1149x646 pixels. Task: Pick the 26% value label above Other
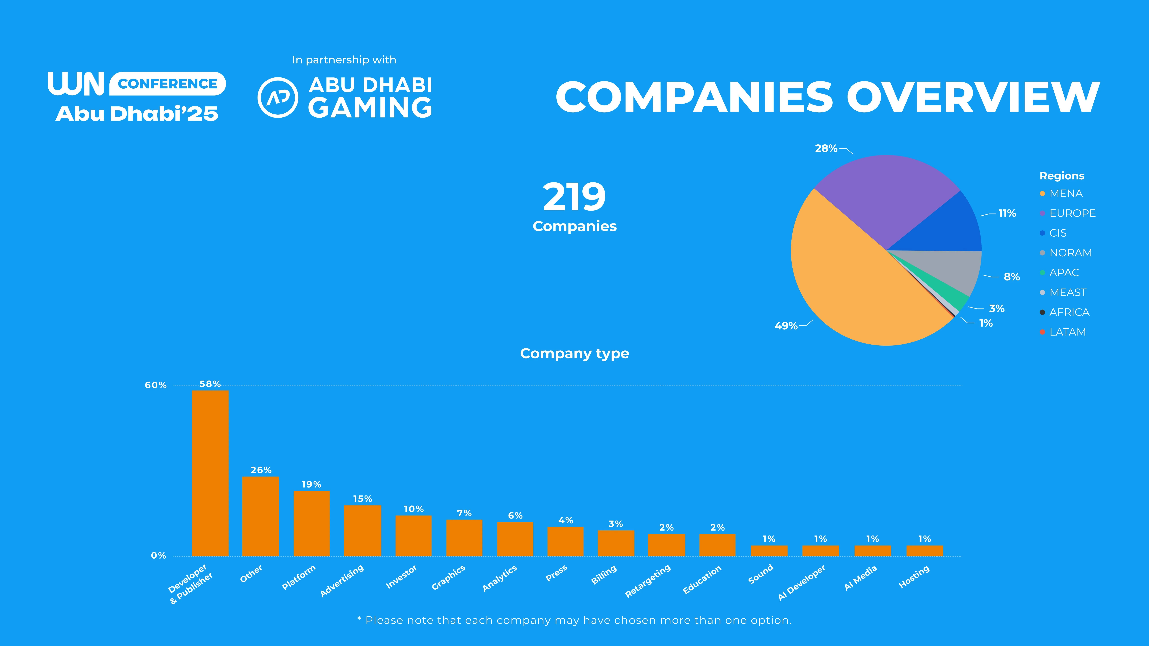pyautogui.click(x=261, y=470)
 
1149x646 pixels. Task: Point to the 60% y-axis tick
pyautogui.click(x=156, y=385)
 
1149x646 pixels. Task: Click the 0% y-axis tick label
pyautogui.click(x=158, y=556)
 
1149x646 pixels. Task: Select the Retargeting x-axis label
pyautogui.click(x=648, y=581)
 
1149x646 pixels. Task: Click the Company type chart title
pyautogui.click(x=574, y=354)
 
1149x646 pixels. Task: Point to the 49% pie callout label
pyautogui.click(x=786, y=326)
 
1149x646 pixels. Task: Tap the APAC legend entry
pyautogui.click(x=1064, y=273)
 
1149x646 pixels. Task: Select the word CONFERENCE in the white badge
pyautogui.click(x=168, y=84)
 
